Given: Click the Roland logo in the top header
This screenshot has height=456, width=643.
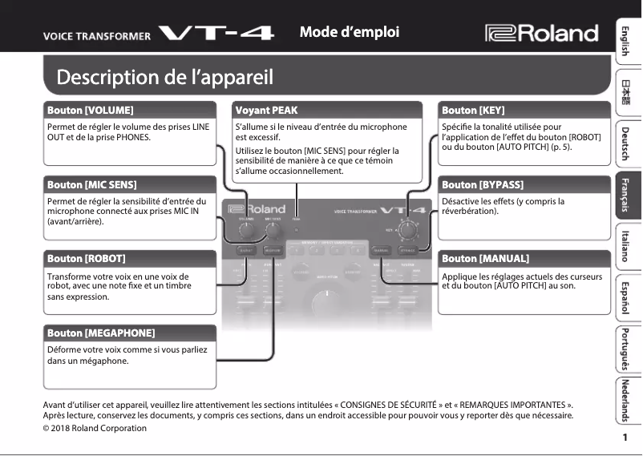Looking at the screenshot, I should click(542, 33).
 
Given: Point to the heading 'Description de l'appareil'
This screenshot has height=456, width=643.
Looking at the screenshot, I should click(164, 78).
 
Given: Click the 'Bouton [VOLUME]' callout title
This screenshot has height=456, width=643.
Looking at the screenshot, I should click(90, 110).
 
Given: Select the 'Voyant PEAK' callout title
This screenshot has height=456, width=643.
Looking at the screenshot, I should click(266, 110).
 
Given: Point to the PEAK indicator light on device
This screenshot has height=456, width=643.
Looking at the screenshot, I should click(297, 228).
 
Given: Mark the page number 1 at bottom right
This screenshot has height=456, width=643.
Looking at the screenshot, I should click(624, 438).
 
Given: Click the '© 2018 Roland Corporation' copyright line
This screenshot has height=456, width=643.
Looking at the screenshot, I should click(95, 428).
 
